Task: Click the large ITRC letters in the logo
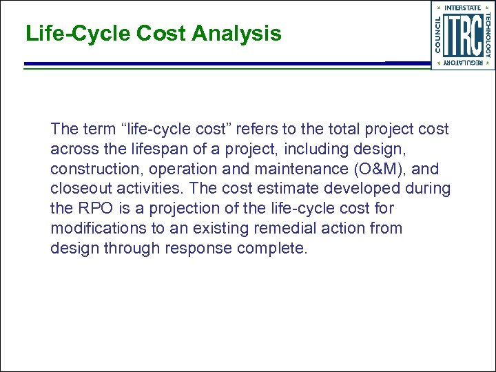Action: pos(463,35)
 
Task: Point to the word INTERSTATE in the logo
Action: pos(463,8)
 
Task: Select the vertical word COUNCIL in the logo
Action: pos(439,35)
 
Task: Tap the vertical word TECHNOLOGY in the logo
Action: pos(487,35)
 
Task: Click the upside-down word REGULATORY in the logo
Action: pos(463,63)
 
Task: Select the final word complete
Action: pos(272,249)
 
